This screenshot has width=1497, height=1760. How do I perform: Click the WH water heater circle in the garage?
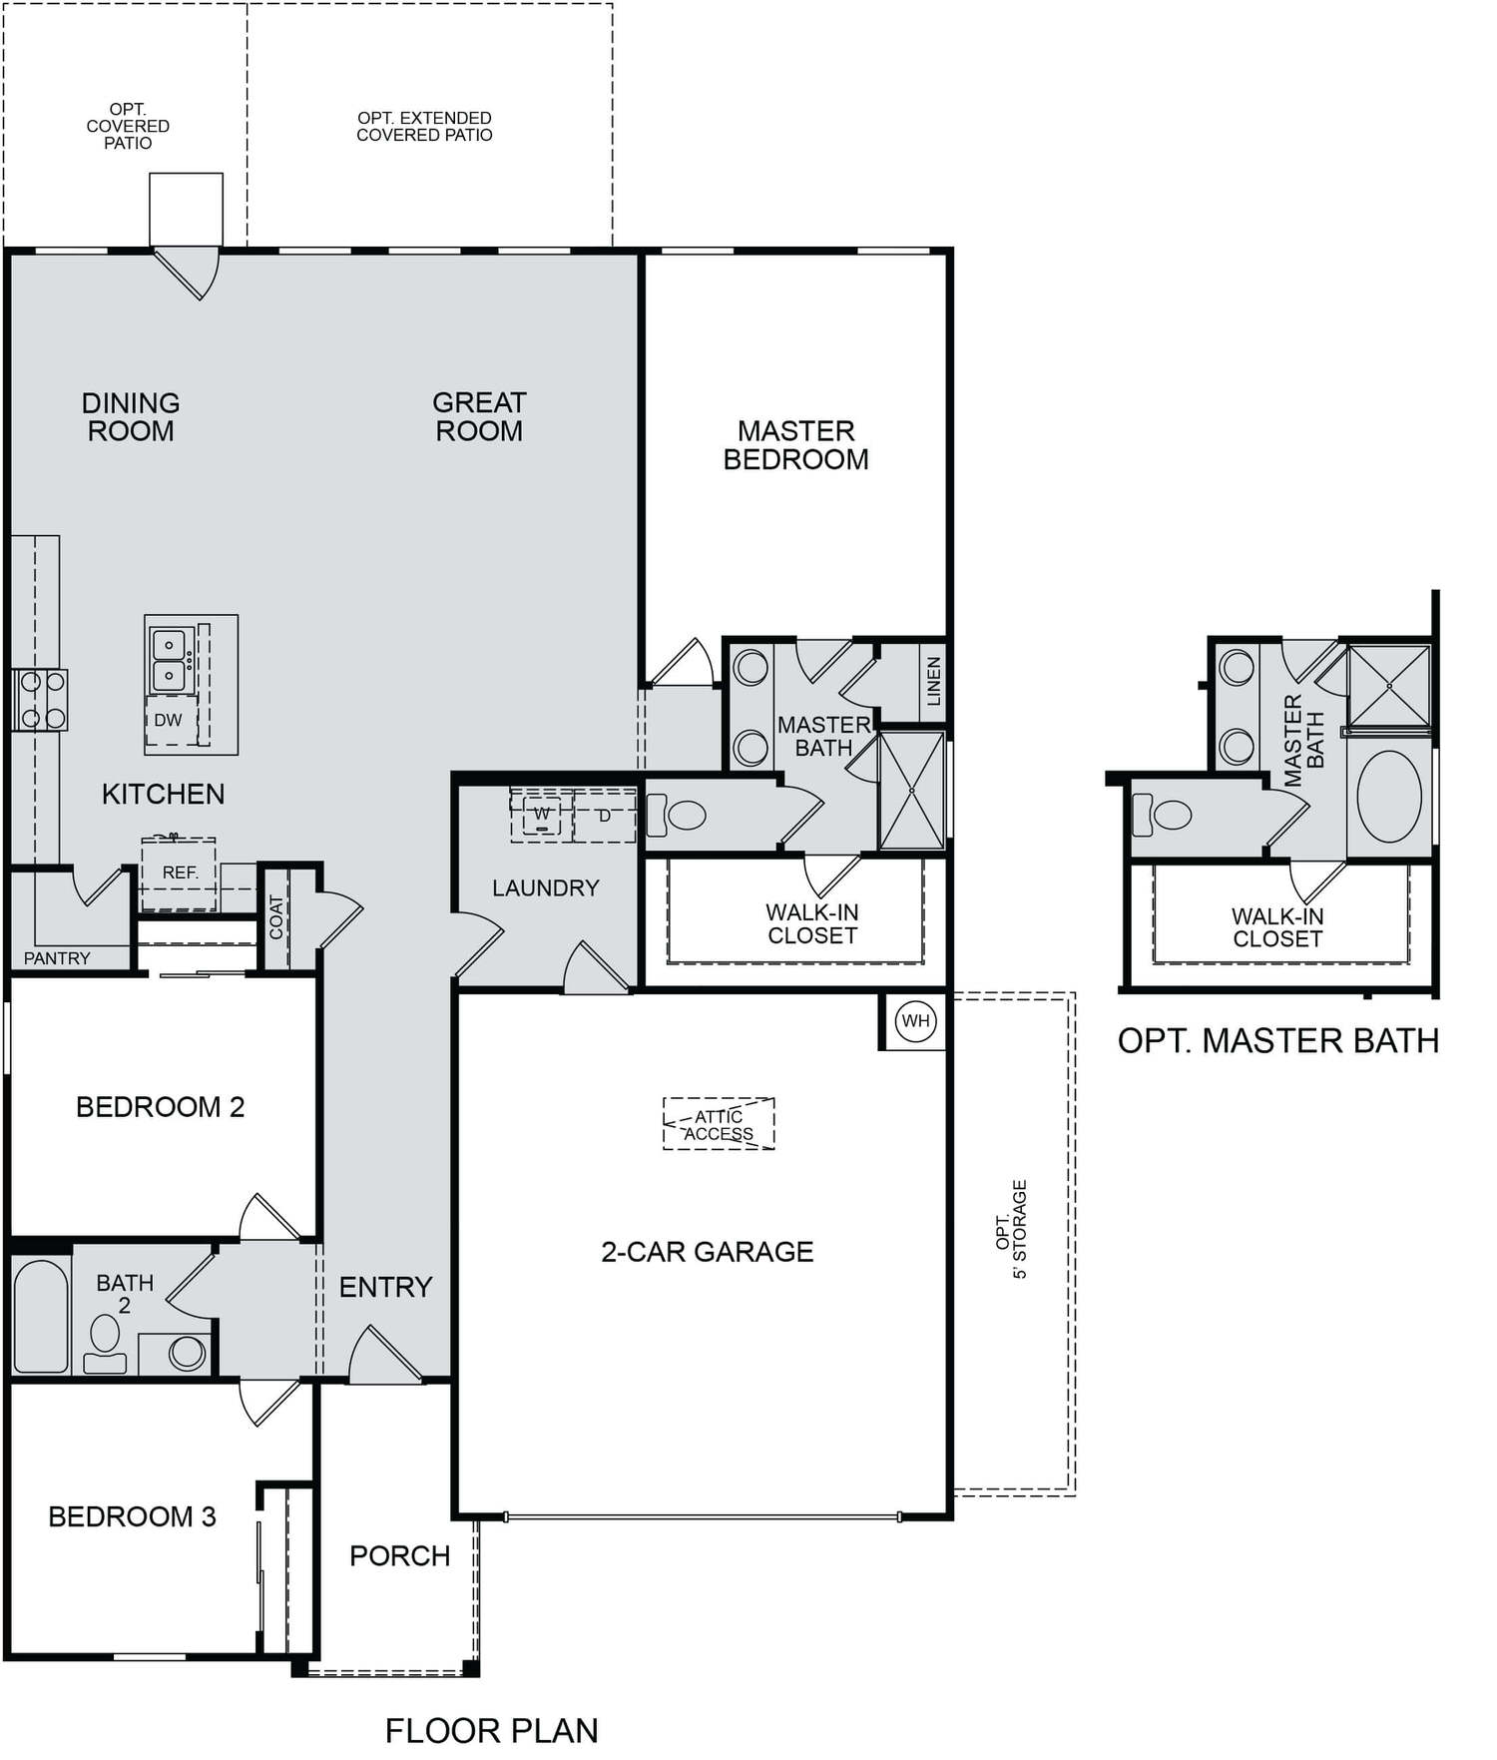(x=915, y=1020)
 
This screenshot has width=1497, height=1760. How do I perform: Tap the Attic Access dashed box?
(x=719, y=1124)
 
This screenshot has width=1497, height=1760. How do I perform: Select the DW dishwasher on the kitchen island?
(x=169, y=719)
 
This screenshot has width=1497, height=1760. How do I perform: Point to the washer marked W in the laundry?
(x=542, y=815)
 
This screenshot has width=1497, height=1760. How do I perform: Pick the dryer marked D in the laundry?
(x=605, y=815)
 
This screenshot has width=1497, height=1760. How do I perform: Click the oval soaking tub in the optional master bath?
(x=1389, y=797)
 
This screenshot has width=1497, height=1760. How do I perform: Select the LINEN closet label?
(x=934, y=681)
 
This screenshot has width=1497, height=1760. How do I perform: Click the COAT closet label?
(x=276, y=917)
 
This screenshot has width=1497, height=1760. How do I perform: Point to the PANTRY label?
(x=57, y=958)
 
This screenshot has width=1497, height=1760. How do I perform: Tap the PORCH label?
(x=399, y=1555)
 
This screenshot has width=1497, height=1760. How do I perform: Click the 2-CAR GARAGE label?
(x=707, y=1251)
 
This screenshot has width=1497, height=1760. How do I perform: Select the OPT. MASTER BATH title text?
(x=1278, y=1040)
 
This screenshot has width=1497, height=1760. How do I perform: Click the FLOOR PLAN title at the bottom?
(x=492, y=1730)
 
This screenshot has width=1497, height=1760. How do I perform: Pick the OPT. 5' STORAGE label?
(x=1011, y=1229)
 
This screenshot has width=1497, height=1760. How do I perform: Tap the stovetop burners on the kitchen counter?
(x=41, y=700)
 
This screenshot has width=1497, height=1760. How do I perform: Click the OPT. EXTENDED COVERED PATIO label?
(x=425, y=126)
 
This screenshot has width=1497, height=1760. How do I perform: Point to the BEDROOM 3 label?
(x=132, y=1516)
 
